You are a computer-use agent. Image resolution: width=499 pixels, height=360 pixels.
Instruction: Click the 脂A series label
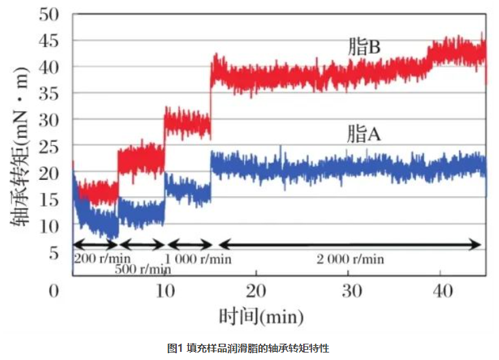pyautogui.click(x=363, y=134)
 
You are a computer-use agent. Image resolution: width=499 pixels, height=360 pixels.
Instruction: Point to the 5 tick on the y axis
pyautogui.click(x=56, y=253)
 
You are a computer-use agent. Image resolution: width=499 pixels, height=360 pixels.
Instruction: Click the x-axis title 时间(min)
pyautogui.click(x=261, y=317)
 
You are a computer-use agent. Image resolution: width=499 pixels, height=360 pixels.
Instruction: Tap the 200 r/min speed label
pyautogui.click(x=102, y=259)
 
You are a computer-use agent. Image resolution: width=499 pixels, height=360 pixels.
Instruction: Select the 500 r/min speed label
pyautogui.click(x=142, y=269)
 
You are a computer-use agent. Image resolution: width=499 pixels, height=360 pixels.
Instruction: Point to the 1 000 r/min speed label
pyautogui.click(x=198, y=259)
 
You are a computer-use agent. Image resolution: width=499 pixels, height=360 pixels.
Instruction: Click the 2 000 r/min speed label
pyautogui.click(x=350, y=259)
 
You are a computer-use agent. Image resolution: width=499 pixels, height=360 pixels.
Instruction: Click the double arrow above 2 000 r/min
pyautogui.click(x=349, y=245)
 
